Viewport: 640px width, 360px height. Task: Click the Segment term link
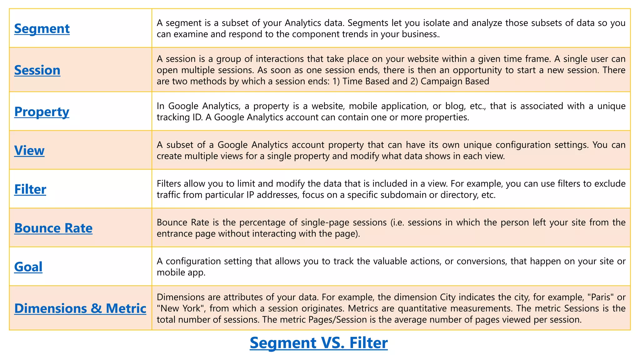point(42,29)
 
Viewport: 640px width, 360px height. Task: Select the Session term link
point(37,70)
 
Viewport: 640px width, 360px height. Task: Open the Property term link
point(42,112)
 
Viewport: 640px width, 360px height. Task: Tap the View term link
point(29,151)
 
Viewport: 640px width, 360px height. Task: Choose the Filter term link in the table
point(30,189)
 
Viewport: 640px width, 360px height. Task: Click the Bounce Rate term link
point(53,228)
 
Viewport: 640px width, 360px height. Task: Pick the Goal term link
point(28,267)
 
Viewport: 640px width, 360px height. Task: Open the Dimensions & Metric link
point(80,308)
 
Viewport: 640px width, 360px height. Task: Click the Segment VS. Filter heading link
point(319,343)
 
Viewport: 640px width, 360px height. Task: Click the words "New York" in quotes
point(181,308)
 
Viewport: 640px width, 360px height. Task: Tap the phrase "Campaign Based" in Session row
point(455,81)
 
